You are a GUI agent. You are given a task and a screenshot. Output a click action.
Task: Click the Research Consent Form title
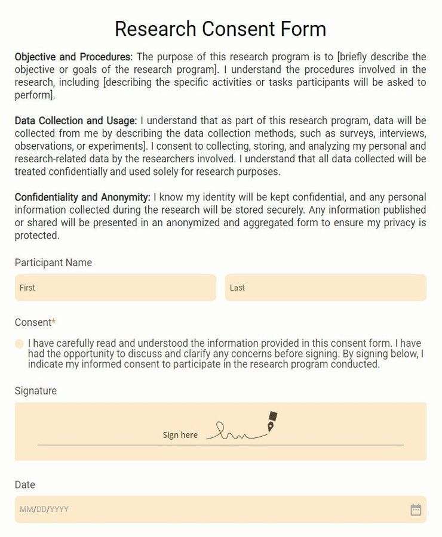click(x=220, y=29)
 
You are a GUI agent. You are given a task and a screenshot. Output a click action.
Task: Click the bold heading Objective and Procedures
click(x=73, y=57)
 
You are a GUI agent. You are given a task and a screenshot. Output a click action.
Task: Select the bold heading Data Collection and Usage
click(x=75, y=121)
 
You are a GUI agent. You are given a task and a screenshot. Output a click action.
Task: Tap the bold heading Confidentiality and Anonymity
click(x=82, y=197)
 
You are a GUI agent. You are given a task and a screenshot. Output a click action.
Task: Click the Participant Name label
click(x=53, y=263)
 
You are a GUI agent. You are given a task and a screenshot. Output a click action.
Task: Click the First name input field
click(x=115, y=288)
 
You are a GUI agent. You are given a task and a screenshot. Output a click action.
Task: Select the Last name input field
click(x=326, y=288)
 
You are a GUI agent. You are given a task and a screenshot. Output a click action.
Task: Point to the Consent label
click(x=33, y=322)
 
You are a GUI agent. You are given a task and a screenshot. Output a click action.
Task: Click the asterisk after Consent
click(x=54, y=322)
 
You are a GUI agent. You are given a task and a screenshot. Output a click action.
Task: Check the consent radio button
click(x=19, y=344)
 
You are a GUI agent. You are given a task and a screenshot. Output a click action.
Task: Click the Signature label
click(x=36, y=391)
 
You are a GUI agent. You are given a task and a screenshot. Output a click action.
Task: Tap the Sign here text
click(x=180, y=435)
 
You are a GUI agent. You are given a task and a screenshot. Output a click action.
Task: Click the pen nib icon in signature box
click(x=272, y=422)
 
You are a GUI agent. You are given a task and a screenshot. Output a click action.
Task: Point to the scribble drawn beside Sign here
click(x=236, y=433)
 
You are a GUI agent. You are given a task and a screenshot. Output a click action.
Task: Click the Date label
click(x=25, y=484)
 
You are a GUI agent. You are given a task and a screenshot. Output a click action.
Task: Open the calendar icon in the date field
click(x=416, y=510)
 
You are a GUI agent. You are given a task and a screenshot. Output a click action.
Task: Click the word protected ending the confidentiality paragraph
click(x=37, y=235)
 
